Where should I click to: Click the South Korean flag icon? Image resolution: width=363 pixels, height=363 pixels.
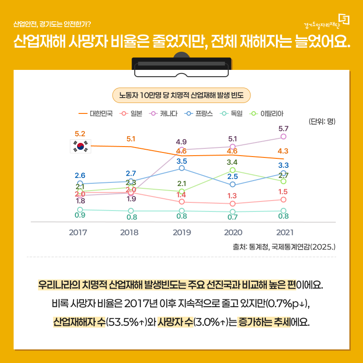pos(80,146)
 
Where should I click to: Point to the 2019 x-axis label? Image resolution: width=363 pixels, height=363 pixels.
pos(181,232)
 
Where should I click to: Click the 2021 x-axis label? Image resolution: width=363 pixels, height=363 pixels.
pos(284,232)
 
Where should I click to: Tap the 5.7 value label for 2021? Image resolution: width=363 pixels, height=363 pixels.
pos(284,129)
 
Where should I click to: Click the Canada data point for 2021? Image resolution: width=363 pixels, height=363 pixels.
pos(284,137)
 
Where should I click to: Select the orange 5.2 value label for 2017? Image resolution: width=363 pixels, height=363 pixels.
pos(80,134)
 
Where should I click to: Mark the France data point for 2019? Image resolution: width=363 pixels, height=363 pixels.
pos(182,168)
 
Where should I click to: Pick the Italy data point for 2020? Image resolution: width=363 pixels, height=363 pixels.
pos(233,170)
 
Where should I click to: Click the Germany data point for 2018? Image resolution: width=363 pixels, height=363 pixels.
pos(131,211)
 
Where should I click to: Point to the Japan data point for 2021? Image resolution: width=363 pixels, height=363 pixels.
pos(284,200)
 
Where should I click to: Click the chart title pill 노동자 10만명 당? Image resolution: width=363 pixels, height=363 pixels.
pos(181,95)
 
